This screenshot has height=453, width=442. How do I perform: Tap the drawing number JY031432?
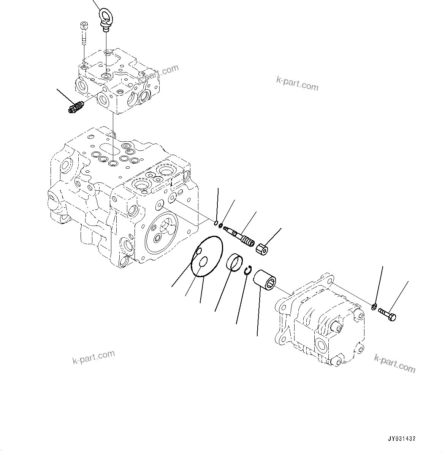click(x=401, y=438)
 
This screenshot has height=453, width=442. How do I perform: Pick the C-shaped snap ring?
click(x=248, y=270)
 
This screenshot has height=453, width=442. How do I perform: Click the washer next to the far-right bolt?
click(x=374, y=306)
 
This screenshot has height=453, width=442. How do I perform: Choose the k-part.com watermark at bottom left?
click(x=93, y=357)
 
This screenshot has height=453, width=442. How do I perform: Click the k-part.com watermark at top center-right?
click(x=297, y=83)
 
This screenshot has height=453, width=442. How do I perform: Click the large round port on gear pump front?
click(x=322, y=347)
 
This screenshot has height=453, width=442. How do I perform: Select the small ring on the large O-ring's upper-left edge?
click(x=197, y=251)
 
